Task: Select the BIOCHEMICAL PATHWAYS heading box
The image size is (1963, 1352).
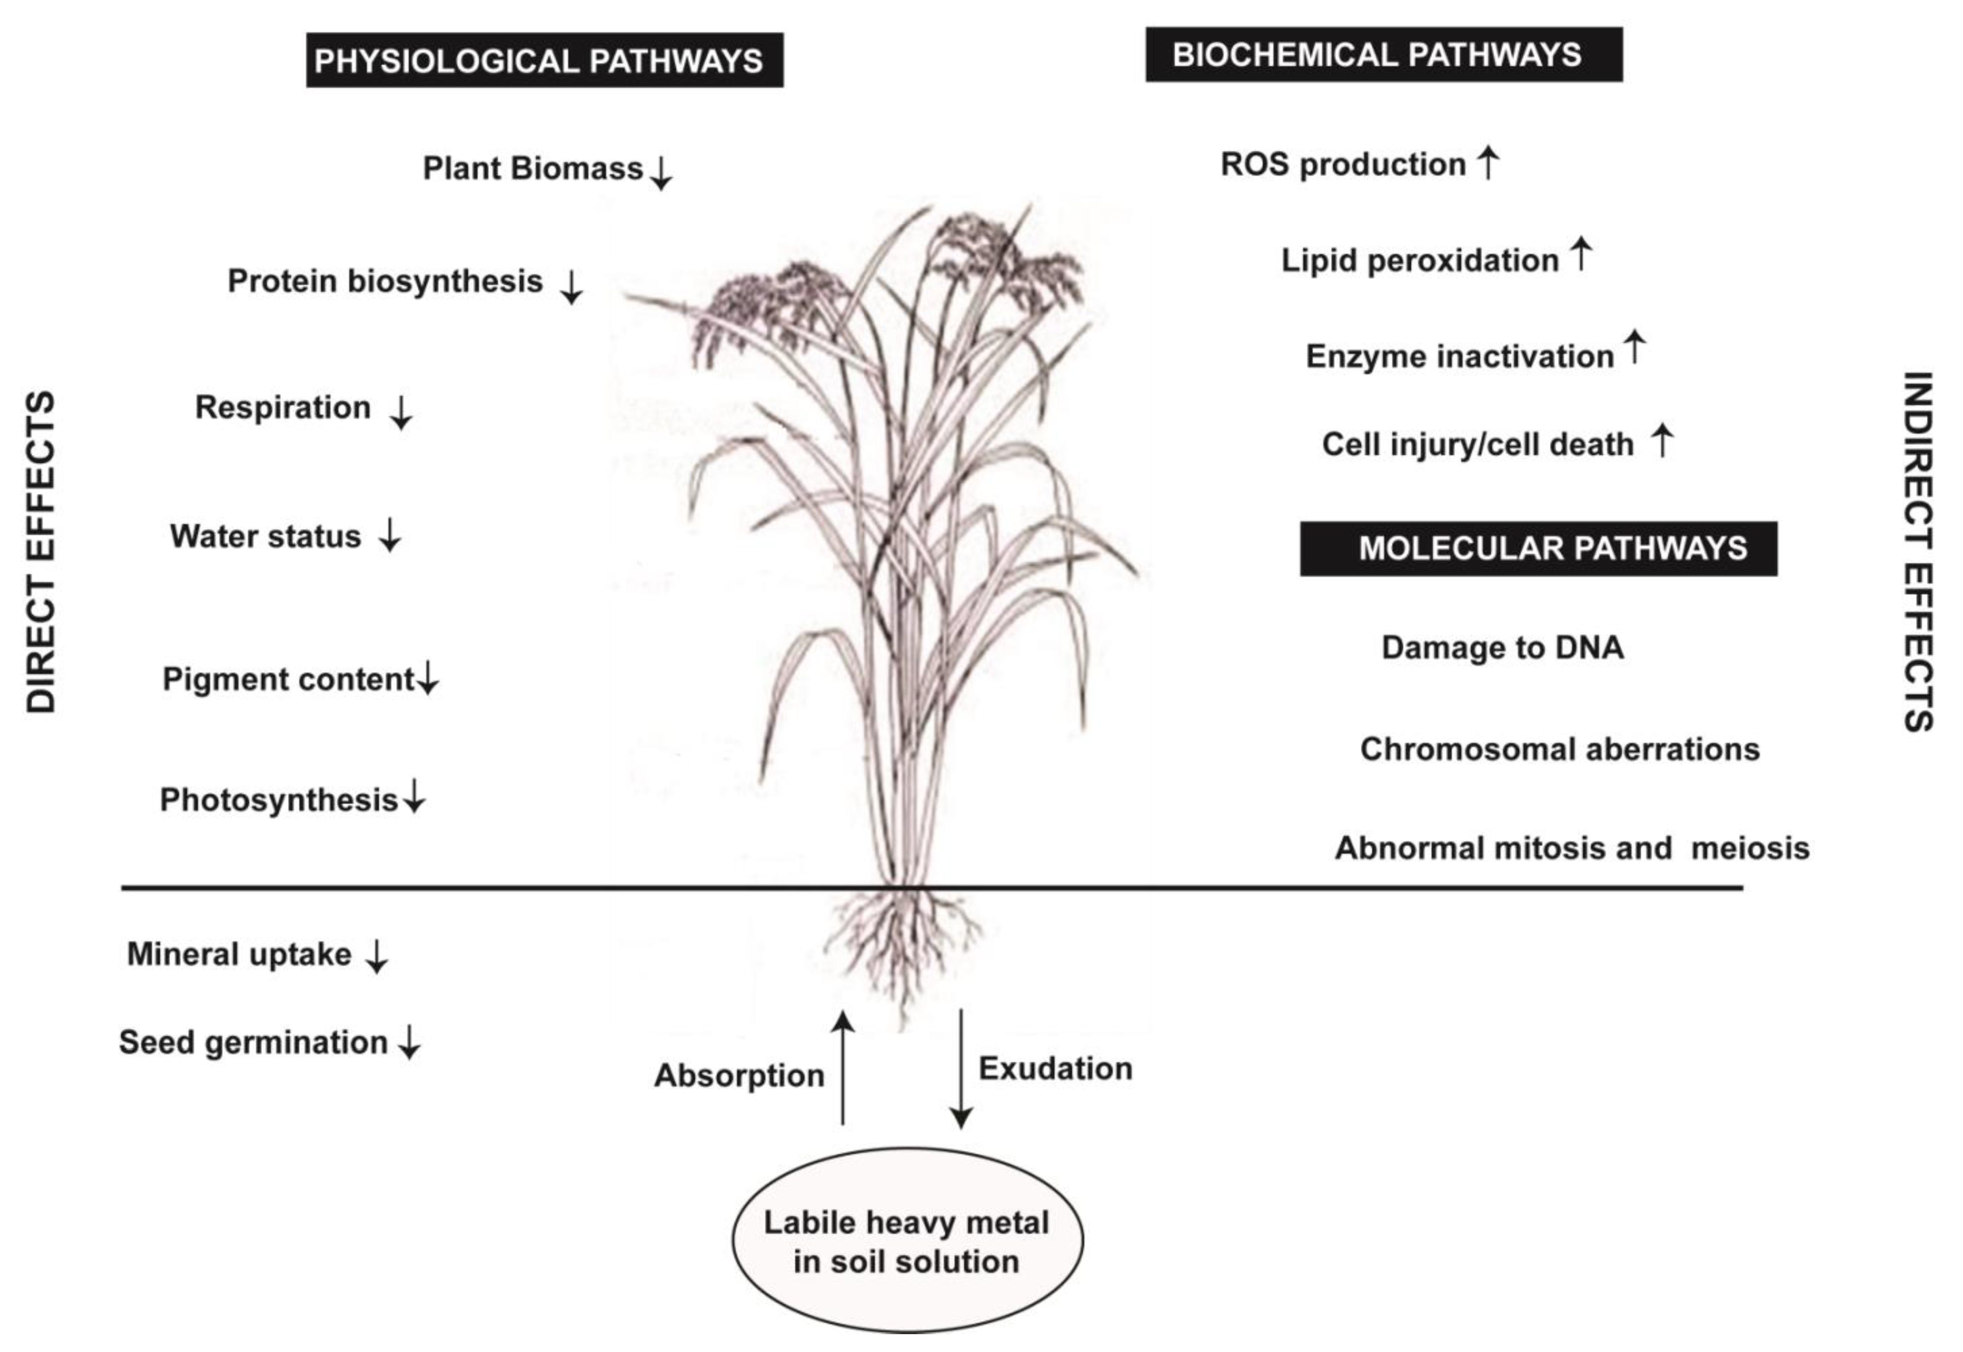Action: [1383, 54]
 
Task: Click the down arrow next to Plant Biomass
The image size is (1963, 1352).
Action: [661, 172]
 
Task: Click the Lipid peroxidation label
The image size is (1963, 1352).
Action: [1419, 260]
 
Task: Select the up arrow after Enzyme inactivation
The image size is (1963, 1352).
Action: [1634, 347]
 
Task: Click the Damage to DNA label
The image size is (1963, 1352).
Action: [1502, 647]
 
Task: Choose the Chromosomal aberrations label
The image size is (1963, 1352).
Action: [1559, 749]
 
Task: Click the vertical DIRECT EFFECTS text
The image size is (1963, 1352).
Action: [41, 550]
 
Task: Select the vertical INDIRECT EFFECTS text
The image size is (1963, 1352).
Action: [1917, 550]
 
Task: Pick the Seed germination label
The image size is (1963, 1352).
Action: [253, 1042]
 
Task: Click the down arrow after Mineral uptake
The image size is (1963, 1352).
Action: [376, 956]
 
